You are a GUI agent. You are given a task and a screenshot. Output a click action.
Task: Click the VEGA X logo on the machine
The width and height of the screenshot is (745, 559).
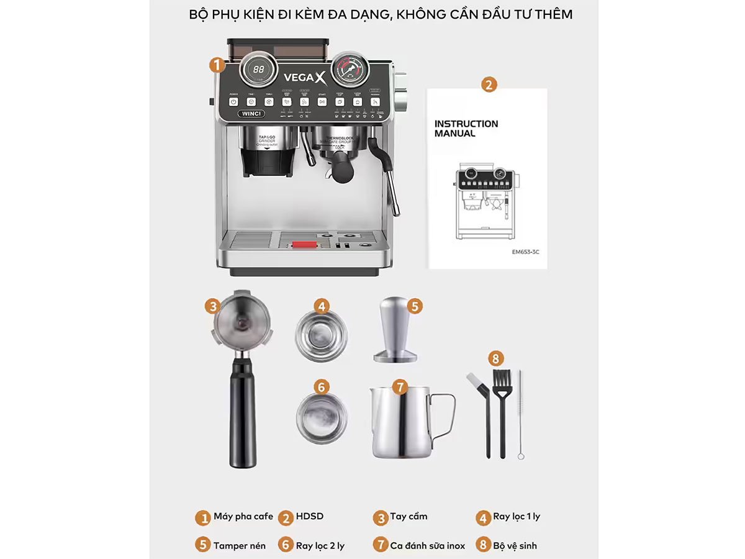tap(304, 78)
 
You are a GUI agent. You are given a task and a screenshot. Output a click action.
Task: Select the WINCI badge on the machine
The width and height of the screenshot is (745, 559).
tap(251, 114)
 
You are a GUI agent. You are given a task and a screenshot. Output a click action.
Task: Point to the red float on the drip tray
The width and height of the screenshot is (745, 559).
tap(302, 245)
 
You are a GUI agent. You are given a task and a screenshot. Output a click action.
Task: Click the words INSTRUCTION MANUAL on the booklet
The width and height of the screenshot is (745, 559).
tap(466, 129)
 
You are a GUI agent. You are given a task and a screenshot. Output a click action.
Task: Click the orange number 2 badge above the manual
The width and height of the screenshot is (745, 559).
tap(489, 85)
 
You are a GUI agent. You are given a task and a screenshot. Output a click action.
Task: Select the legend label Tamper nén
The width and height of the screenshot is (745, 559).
tap(240, 545)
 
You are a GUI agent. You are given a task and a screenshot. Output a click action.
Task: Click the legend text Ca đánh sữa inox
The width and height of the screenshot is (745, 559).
tap(427, 545)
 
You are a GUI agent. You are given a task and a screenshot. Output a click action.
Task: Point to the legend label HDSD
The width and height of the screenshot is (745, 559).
tap(309, 516)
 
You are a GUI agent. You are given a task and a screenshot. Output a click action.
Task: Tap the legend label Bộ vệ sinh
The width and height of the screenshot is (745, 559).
tap(515, 545)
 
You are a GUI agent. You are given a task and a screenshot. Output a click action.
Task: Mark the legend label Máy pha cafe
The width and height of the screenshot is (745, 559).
tap(242, 516)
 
